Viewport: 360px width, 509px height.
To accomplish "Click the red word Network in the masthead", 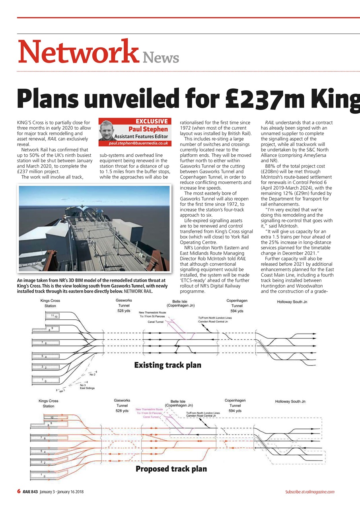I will [78, 52].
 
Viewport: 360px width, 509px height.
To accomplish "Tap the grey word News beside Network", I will [161, 58].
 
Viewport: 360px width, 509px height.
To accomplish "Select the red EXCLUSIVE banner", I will [152, 121].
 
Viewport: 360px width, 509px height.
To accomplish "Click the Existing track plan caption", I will [167, 365].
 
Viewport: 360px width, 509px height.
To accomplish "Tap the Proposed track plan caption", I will [171, 469].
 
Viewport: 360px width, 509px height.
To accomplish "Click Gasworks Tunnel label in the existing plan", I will [124, 305].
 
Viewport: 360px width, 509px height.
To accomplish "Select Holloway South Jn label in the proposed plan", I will [290, 402].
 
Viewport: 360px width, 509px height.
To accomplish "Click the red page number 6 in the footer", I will [19, 492].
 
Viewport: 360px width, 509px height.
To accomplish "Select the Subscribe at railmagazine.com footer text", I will [309, 492].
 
